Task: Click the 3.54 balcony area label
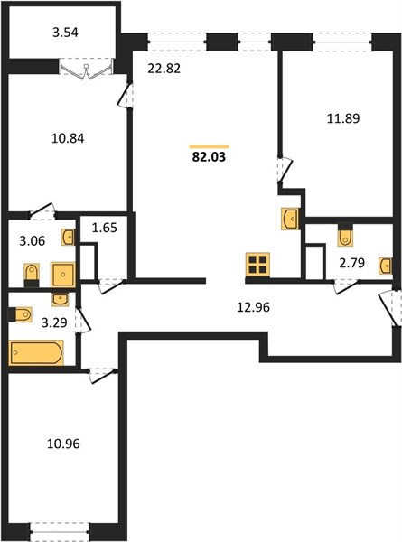click(x=65, y=33)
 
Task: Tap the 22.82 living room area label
click(x=164, y=69)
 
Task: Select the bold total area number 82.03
click(x=209, y=157)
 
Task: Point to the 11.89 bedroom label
click(x=343, y=118)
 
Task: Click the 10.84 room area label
click(x=68, y=138)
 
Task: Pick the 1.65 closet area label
click(x=105, y=229)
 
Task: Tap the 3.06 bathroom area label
click(x=33, y=241)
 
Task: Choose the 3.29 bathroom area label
click(x=54, y=322)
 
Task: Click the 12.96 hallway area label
click(x=253, y=307)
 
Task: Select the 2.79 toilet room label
click(x=352, y=264)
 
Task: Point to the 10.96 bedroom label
click(x=63, y=444)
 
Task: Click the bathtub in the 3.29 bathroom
click(x=36, y=352)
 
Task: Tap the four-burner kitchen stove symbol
click(x=257, y=265)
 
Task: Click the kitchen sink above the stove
click(x=290, y=219)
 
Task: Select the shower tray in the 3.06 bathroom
click(x=63, y=275)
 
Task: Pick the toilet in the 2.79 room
click(x=345, y=234)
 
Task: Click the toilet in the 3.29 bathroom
click(x=21, y=314)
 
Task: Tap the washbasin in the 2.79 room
click(x=386, y=266)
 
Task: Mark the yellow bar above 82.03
click(x=209, y=146)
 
